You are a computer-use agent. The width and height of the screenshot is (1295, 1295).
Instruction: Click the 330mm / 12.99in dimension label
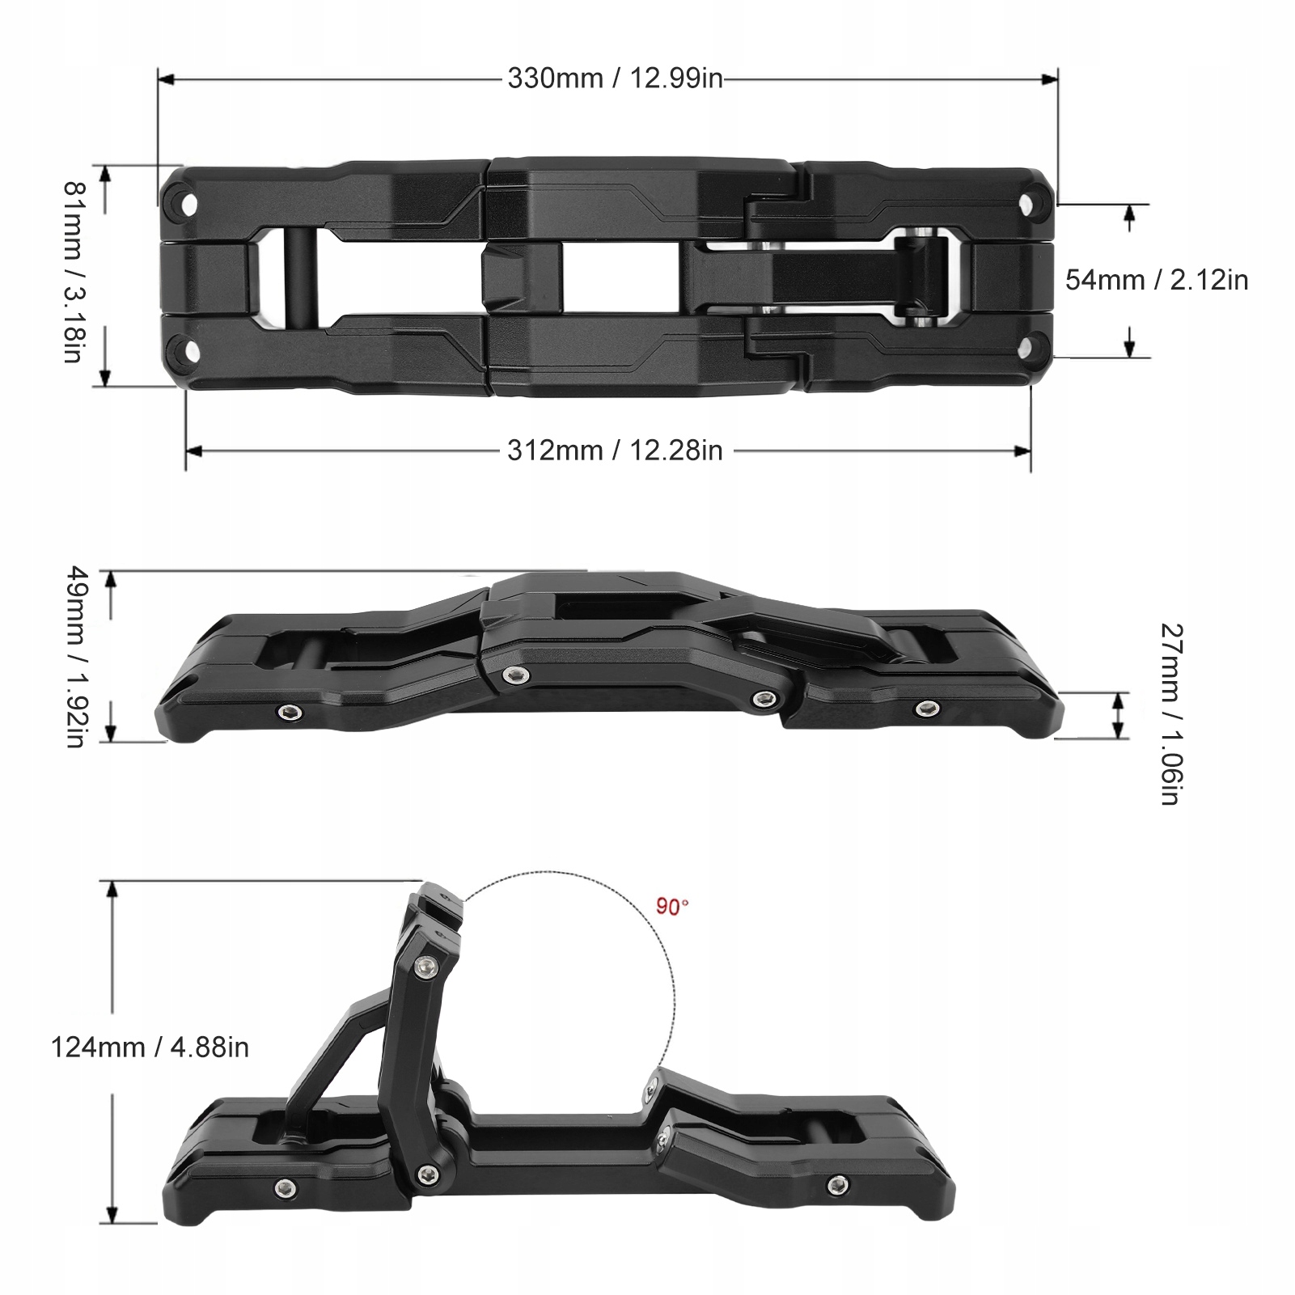615,78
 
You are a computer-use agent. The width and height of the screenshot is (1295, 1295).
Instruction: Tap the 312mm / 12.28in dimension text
615,451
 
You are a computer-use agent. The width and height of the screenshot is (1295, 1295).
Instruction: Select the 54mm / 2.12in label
1156,280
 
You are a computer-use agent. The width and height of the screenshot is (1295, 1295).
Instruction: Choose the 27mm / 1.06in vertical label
1170,713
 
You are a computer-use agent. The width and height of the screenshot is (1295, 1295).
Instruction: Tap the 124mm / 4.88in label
150,1047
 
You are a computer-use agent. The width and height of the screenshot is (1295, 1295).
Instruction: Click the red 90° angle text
672,907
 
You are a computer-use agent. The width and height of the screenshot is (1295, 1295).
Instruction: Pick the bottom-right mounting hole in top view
1030,349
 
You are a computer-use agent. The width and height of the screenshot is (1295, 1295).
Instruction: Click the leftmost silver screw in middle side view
289,712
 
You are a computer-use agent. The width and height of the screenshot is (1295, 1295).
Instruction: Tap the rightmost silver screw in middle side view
925,709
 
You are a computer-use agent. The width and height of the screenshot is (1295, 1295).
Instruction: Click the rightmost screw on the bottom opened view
835,1185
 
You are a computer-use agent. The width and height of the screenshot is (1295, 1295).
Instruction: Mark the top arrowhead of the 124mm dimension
112,888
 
